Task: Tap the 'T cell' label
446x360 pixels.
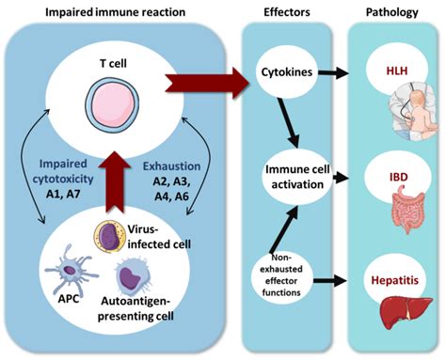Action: (x=113, y=64)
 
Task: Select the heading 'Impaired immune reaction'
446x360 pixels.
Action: (x=115, y=12)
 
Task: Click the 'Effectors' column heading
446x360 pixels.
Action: (x=287, y=12)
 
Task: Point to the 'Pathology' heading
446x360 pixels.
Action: (x=392, y=12)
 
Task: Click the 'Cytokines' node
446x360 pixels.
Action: (x=287, y=72)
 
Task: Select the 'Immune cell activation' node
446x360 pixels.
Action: (x=297, y=178)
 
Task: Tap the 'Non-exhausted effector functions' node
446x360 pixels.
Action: (x=281, y=275)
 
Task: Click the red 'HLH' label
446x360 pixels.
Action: (x=397, y=70)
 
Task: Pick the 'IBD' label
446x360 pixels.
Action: (x=399, y=178)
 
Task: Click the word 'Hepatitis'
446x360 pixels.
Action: (x=395, y=280)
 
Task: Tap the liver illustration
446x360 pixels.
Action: (x=406, y=312)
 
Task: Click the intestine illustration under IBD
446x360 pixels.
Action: (x=407, y=209)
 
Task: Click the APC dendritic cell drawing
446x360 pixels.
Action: (x=70, y=270)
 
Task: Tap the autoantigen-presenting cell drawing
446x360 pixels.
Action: (x=133, y=276)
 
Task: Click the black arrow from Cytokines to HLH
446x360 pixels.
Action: (x=333, y=72)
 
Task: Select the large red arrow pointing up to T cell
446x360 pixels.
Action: (x=116, y=181)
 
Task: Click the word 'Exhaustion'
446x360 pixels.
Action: (x=171, y=166)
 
